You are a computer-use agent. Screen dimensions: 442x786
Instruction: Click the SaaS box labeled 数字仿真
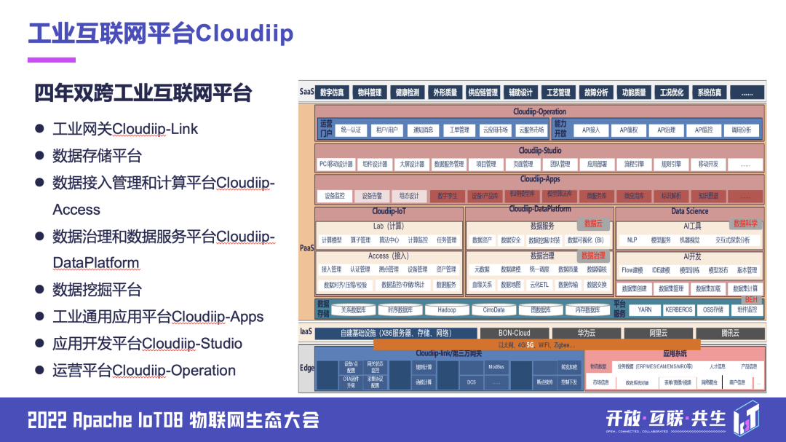coord(332,92)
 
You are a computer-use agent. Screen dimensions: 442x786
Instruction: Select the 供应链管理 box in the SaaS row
coord(483,92)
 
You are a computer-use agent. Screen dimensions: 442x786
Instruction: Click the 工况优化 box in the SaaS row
coord(671,92)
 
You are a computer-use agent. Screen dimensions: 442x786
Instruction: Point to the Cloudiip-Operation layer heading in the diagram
coord(539,111)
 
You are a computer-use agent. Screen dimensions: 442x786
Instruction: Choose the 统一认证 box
coord(351,130)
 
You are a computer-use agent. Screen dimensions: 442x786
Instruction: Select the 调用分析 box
coord(741,130)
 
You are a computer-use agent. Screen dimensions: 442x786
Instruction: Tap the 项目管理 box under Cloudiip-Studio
coord(485,164)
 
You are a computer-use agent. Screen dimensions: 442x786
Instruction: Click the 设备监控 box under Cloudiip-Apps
coord(335,196)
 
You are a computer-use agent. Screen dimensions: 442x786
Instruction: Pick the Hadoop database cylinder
coord(447,309)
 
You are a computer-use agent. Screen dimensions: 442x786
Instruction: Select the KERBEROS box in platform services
coord(678,309)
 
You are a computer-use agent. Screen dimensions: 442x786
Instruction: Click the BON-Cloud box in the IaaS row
coord(514,333)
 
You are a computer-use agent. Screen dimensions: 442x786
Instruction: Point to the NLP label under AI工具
coord(632,240)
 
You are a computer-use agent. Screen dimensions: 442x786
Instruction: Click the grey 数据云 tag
coord(593,224)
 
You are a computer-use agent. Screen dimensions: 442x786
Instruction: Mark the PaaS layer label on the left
coord(306,248)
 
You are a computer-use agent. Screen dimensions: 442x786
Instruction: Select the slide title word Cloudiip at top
coord(245,33)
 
